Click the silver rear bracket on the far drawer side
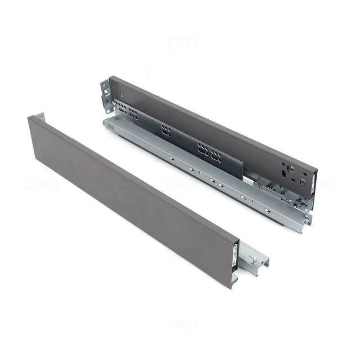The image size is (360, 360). pos(105,93)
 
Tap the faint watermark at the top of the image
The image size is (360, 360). pos(181,43)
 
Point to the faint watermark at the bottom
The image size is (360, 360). pos(181,325)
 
